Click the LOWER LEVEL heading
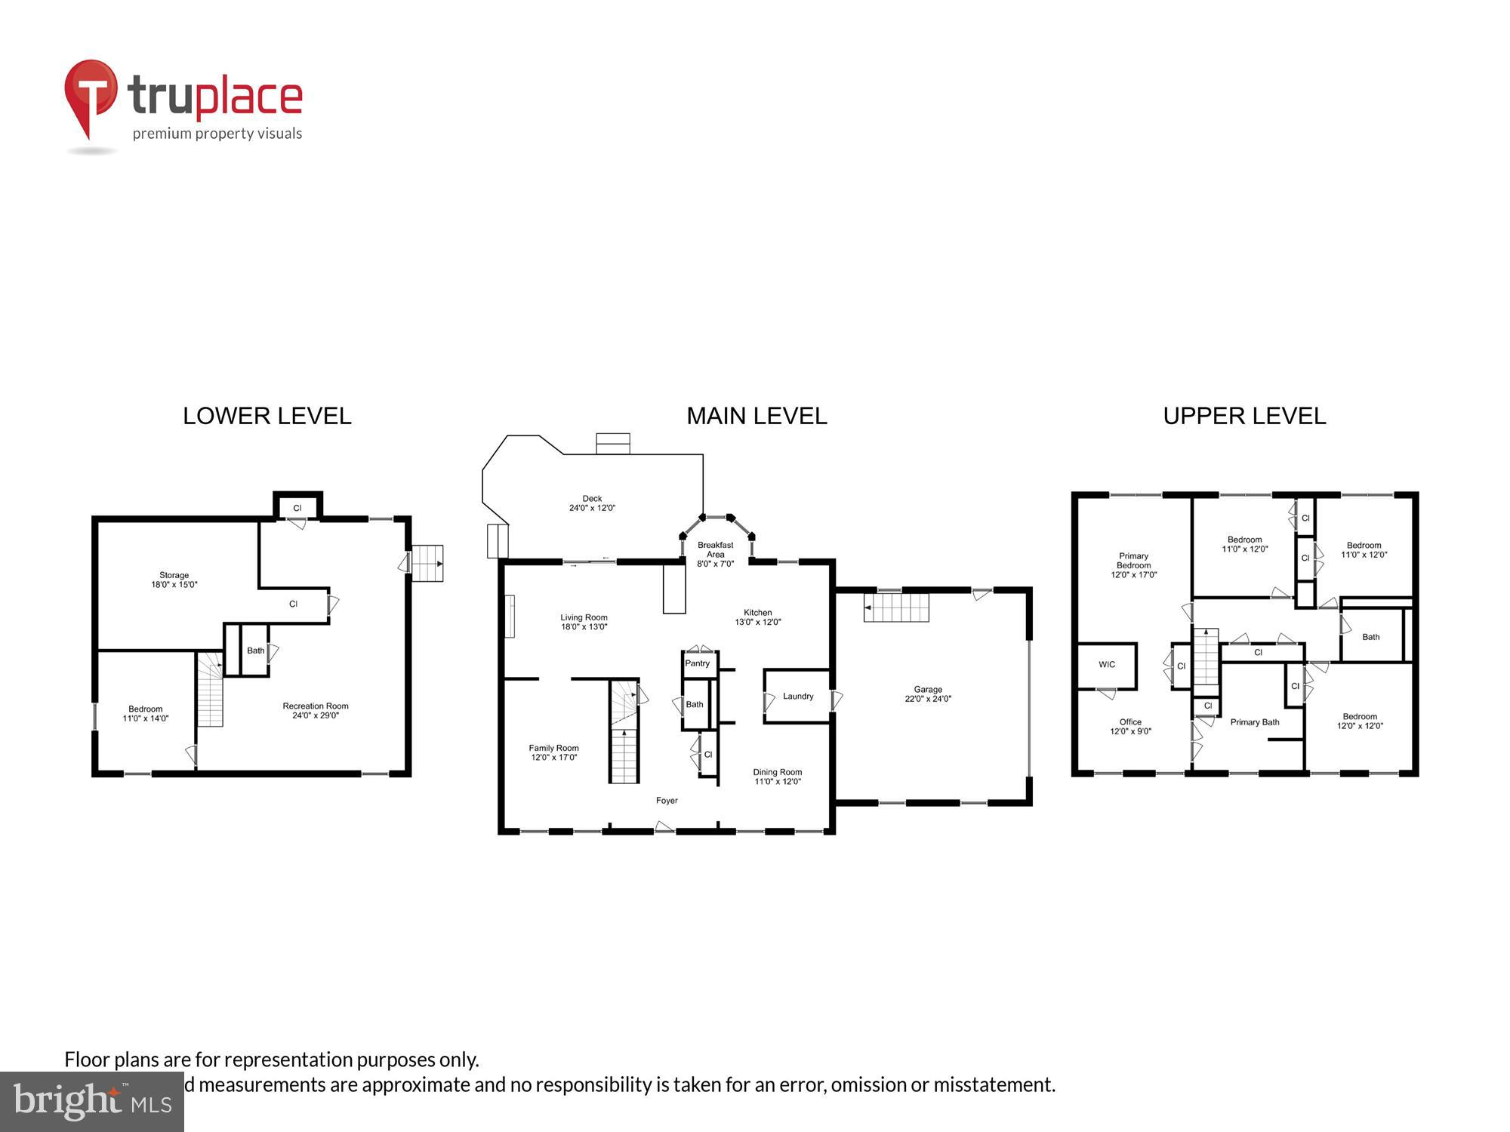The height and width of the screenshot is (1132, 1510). [267, 416]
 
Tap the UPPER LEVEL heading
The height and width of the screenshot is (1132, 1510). [1243, 416]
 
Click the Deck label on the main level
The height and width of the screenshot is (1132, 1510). [592, 499]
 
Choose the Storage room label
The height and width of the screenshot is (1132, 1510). [174, 575]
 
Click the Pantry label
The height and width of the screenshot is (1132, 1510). [697, 663]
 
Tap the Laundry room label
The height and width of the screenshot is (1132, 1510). [798, 696]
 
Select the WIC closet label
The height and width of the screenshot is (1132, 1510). [1107, 665]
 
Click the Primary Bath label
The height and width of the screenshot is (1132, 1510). [1255, 722]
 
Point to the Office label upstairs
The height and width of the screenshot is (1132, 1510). [1130, 722]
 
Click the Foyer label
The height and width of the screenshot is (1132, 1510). [667, 801]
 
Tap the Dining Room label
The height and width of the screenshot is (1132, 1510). [777, 772]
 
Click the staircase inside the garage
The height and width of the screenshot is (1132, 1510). [896, 608]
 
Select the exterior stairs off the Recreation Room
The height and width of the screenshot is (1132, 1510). [427, 563]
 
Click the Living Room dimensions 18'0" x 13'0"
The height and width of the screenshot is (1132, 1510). [584, 627]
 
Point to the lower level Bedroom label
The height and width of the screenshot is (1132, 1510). [145, 709]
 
